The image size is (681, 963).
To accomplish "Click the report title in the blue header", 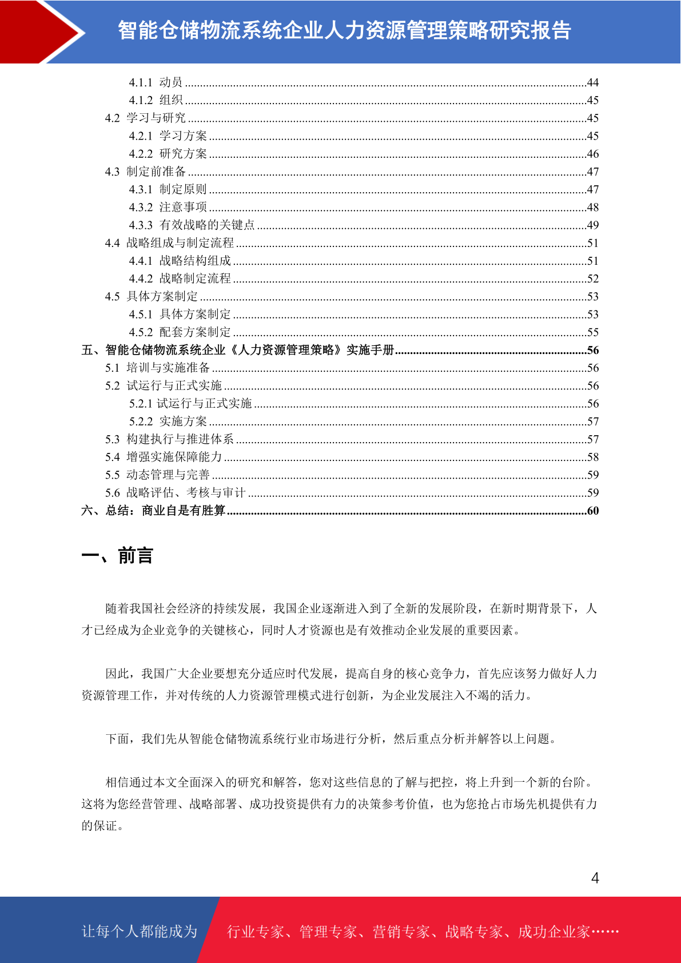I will [x=344, y=30].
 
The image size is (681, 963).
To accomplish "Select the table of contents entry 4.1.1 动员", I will [x=156, y=82].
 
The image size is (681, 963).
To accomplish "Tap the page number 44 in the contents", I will [x=592, y=83].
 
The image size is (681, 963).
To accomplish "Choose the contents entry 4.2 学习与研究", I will [x=145, y=118].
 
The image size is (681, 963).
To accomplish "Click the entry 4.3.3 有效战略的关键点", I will [x=192, y=225].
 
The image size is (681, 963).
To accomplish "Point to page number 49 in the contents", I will [x=592, y=225].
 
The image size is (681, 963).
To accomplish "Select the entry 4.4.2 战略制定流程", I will [x=180, y=278].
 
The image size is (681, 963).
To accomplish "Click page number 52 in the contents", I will [x=592, y=278].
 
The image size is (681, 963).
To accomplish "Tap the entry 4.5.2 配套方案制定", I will [x=180, y=332].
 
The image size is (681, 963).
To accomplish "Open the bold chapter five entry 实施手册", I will [x=238, y=350].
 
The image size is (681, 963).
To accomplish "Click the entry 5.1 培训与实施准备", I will [x=157, y=368].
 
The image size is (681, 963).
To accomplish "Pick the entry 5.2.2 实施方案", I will [x=168, y=421].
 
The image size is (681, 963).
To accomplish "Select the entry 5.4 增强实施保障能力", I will [x=163, y=457].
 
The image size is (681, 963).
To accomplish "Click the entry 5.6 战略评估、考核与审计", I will [x=175, y=492].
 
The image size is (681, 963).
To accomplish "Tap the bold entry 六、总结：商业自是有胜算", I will [x=153, y=511].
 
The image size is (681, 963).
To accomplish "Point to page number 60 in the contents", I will [x=592, y=511].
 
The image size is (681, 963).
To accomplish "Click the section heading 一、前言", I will [x=117, y=556].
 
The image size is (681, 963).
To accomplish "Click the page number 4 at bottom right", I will [x=595, y=878].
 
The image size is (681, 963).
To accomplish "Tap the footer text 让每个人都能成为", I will [x=139, y=932].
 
